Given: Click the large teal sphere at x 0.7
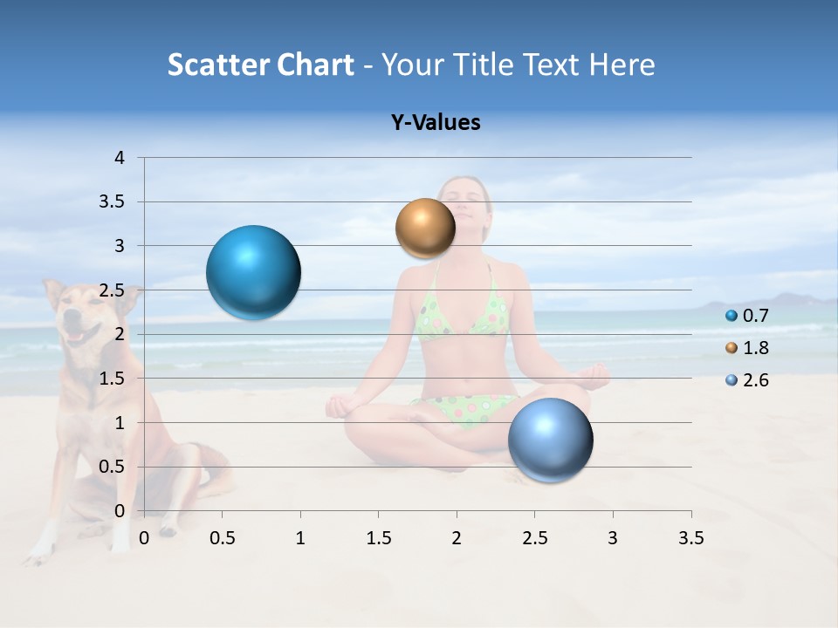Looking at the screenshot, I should pos(254,272).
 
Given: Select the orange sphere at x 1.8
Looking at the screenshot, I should pos(425,229).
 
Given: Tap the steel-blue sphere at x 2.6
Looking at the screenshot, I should pos(550,440).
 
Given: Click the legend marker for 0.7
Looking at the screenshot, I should pos(732,316).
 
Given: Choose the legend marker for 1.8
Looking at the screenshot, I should pos(732,348).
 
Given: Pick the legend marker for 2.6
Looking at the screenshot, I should pos(732,379).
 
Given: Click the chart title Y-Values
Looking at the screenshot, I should pos(436,123).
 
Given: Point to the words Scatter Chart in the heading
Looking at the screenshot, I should pos(260,65).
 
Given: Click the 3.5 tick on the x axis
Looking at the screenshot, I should pos(690,538).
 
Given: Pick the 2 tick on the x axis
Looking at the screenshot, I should pos(457,538).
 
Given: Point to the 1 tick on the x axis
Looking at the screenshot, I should pos(300,538).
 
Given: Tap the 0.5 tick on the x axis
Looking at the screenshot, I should pos(223,538).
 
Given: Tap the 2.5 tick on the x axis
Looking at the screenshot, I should pos(534,538).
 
